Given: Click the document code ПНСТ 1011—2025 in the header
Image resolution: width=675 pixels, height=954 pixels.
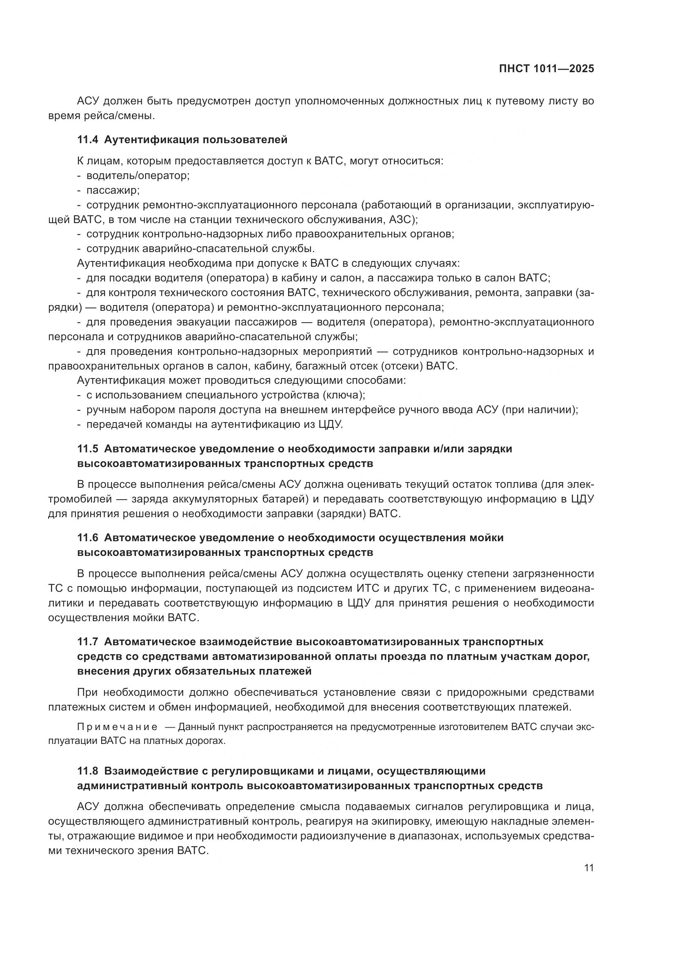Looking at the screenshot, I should pyautogui.click(x=546, y=69).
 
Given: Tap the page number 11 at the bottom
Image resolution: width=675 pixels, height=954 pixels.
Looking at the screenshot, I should pyautogui.click(x=588, y=868).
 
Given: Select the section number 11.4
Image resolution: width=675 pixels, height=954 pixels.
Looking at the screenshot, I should pyautogui.click(x=87, y=139).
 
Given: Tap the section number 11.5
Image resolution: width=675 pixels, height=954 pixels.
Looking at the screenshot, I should pyautogui.click(x=87, y=449).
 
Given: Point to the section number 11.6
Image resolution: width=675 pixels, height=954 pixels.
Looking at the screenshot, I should pyautogui.click(x=87, y=538).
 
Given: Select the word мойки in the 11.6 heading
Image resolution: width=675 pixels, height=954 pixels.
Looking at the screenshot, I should pyautogui.click(x=486, y=538).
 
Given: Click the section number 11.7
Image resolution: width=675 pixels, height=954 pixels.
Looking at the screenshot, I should pyautogui.click(x=87, y=642).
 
